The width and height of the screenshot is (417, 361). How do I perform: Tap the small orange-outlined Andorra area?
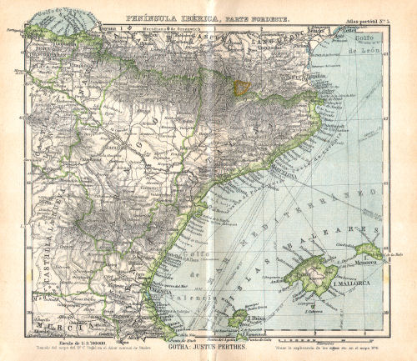coord(240,87)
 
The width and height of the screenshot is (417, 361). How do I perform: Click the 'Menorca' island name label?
coord(368,262)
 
